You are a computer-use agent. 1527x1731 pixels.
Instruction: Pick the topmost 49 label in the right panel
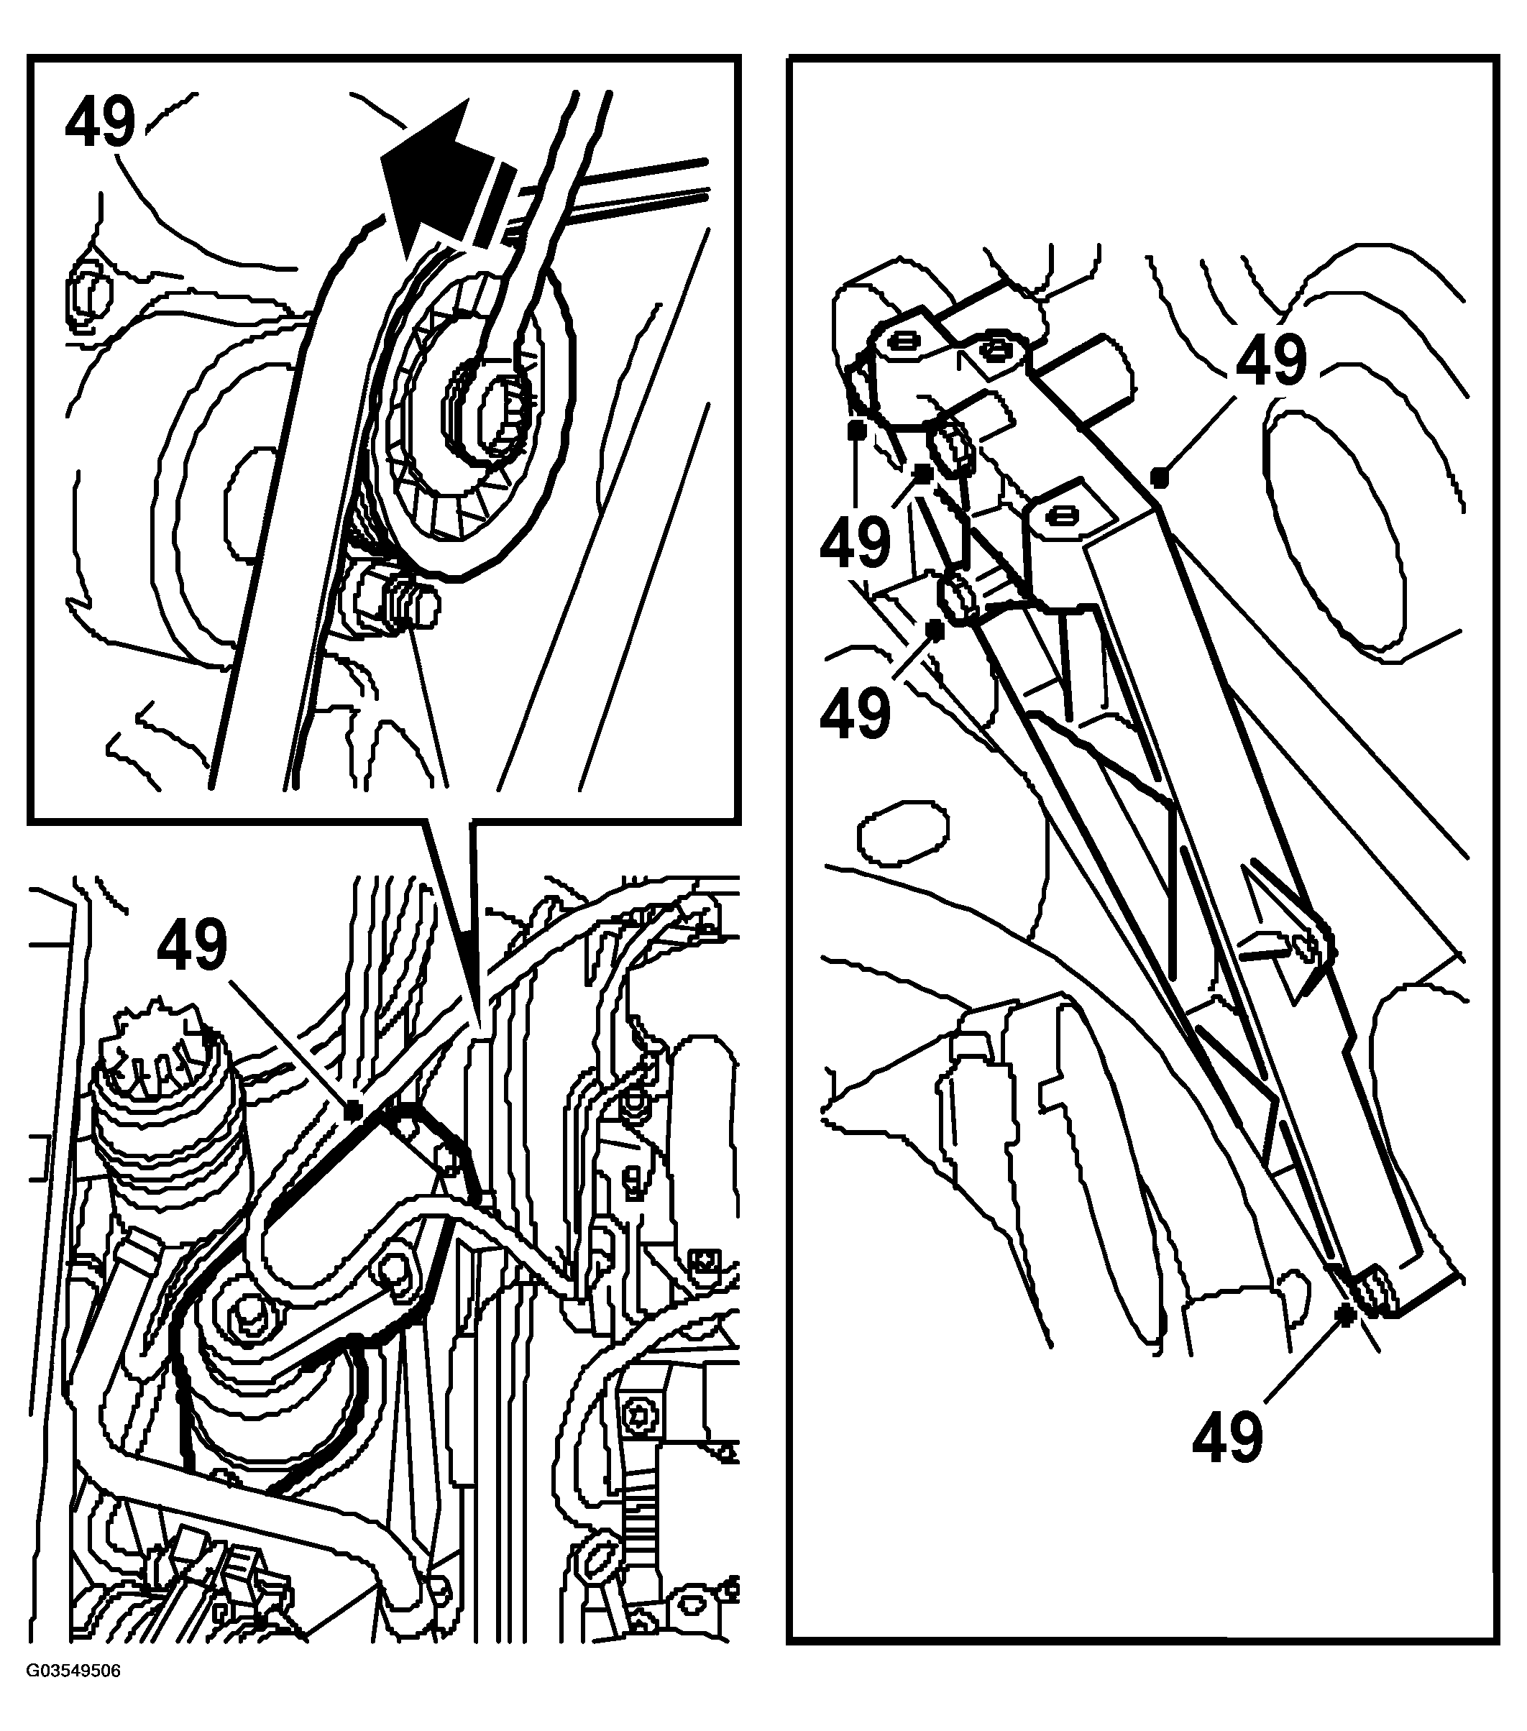click(x=1271, y=359)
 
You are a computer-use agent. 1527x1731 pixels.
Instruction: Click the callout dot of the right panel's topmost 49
click(x=1160, y=479)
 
